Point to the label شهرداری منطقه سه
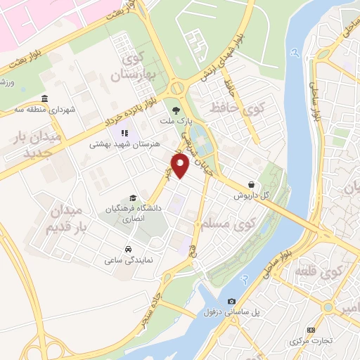click(48, 110)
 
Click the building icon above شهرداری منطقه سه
click(45, 98)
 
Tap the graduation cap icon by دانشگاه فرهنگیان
click(133, 199)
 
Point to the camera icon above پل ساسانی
click(232, 301)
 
